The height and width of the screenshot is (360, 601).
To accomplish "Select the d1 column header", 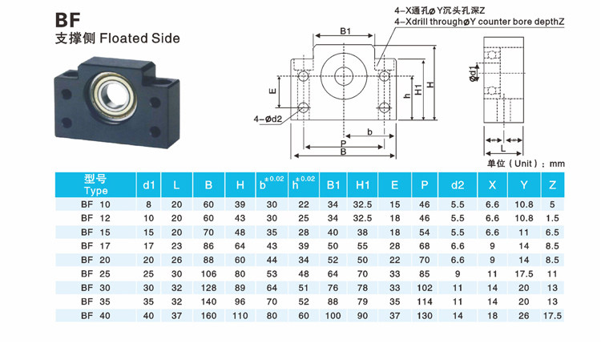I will [148, 185].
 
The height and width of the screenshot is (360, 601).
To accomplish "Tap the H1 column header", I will [362, 185].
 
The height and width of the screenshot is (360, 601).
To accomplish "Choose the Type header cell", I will [95, 185].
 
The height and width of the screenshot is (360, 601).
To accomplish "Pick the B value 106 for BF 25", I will [208, 273].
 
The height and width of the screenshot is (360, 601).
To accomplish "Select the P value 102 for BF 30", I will [424, 288].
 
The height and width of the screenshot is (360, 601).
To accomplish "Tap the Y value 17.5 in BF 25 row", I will [524, 273].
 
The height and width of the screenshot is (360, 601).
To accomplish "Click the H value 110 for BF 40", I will [240, 317].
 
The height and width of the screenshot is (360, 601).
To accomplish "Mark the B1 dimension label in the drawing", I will [345, 31].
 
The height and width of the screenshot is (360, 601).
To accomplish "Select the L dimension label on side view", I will [502, 148].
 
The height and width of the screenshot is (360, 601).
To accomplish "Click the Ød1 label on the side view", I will [473, 75].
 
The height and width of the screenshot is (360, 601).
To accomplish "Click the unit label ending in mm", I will [526, 164].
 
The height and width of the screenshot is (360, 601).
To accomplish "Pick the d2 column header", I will [457, 185].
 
